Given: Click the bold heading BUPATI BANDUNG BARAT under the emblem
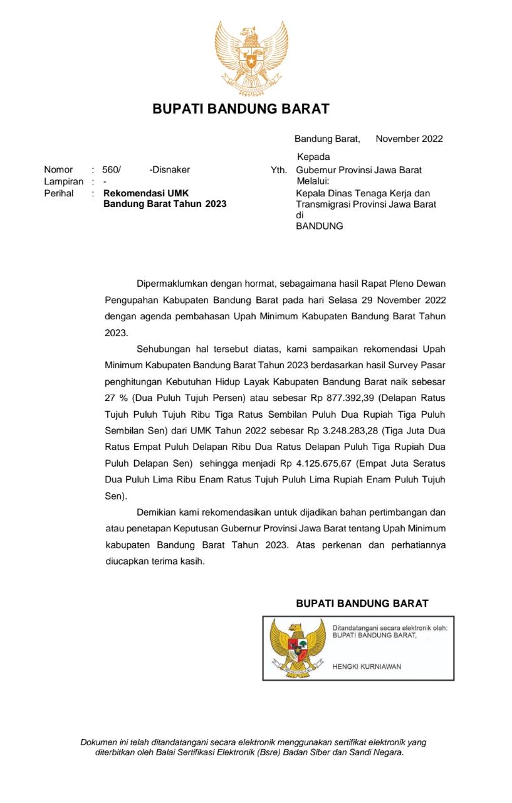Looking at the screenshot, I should click(241, 109).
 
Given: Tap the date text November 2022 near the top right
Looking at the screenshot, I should click(409, 139).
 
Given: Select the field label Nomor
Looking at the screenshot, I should click(58, 169).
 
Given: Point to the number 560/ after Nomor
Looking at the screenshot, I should click(112, 169).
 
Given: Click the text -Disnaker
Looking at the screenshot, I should click(170, 169).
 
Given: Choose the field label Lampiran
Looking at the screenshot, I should click(63, 181).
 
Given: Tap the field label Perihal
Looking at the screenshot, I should click(58, 193).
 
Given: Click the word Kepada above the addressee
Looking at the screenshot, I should click(313, 157).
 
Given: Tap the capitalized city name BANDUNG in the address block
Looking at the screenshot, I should click(320, 226).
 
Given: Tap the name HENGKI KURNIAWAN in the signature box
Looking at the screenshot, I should click(367, 666).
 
